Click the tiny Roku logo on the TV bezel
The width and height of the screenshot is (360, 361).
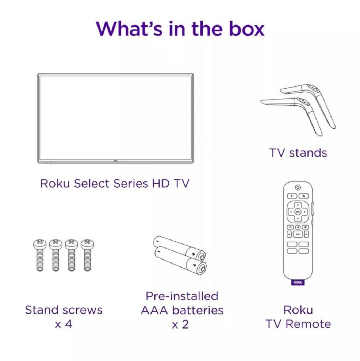(x=116, y=161)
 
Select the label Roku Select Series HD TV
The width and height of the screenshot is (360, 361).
(x=115, y=183)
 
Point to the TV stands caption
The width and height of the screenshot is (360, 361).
(x=298, y=153)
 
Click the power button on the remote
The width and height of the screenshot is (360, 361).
(x=298, y=187)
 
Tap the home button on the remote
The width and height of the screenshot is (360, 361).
(x=303, y=196)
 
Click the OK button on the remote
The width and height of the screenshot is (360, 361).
(x=298, y=211)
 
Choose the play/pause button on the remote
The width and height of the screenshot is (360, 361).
(x=298, y=234)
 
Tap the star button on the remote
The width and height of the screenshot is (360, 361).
(x=306, y=227)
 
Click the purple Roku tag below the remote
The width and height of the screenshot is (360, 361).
(x=298, y=282)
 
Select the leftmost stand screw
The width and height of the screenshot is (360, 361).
(x=40, y=255)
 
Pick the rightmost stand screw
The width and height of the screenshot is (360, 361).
(x=87, y=255)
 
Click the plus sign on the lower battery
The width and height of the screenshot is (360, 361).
(x=194, y=265)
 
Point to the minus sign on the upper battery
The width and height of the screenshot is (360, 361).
(x=158, y=241)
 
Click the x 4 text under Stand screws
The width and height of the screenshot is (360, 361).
(x=64, y=324)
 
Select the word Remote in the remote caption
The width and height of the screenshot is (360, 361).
(x=309, y=324)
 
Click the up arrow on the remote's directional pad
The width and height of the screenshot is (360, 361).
(x=298, y=205)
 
